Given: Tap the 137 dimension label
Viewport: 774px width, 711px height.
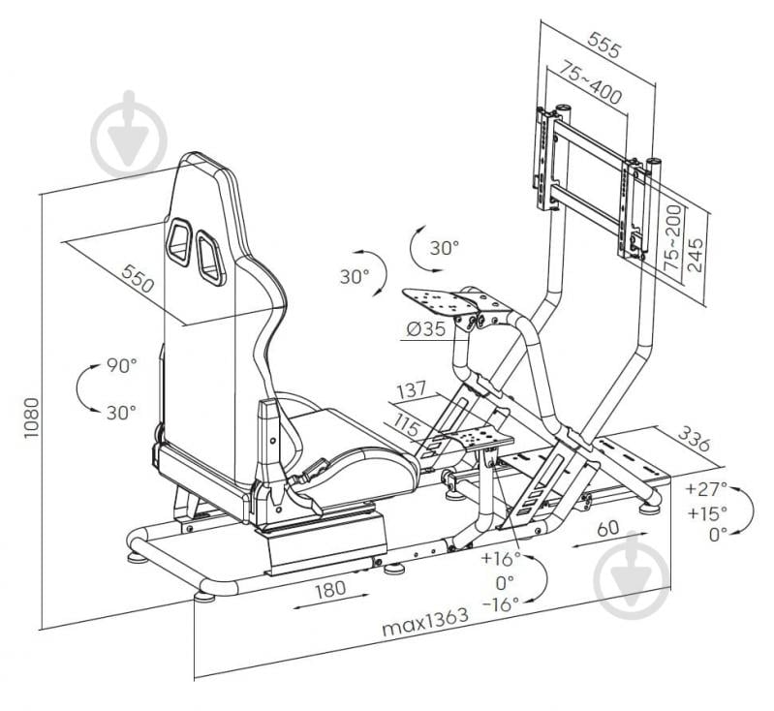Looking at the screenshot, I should click(410, 393).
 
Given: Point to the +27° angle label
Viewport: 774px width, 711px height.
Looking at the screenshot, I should click(704, 488).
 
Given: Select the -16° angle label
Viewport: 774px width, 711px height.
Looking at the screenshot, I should click(501, 603).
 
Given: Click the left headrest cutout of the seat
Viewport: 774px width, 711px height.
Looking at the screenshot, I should click(179, 240).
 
